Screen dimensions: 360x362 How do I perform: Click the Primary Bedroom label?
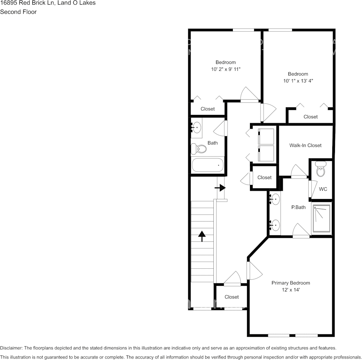(290, 283)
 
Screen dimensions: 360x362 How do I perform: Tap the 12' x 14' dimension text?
(290, 290)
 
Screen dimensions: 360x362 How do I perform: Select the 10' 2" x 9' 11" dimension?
(226, 69)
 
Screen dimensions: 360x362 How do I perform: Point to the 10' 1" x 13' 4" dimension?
(298, 81)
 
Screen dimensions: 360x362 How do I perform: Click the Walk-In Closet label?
(305, 145)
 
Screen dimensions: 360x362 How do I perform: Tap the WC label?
(323, 189)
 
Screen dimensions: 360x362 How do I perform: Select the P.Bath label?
(298, 207)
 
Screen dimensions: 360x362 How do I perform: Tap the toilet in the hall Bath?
(199, 148)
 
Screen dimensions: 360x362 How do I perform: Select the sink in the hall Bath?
(197, 127)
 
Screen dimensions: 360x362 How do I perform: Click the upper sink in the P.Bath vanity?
(274, 198)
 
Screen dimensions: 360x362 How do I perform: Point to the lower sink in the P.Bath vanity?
(274, 225)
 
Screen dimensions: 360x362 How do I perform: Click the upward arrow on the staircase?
(202, 236)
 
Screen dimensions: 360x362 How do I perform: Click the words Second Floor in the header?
(18, 12)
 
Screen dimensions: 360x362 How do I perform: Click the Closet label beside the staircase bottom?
(231, 297)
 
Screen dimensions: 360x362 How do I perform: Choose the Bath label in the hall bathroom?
(213, 143)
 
